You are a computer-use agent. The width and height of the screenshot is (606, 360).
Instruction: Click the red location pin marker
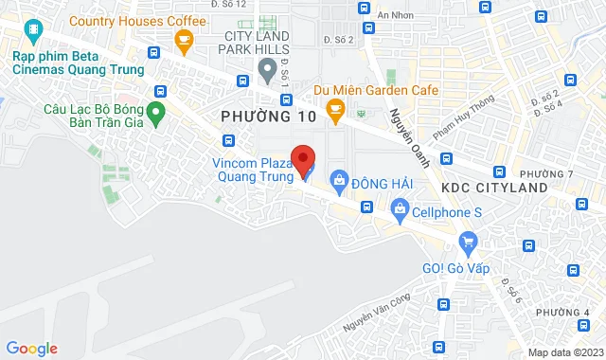tap(302, 159)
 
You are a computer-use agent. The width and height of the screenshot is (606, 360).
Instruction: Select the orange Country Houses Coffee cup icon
tap(185, 39)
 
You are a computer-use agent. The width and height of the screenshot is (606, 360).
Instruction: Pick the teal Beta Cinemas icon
tap(33, 34)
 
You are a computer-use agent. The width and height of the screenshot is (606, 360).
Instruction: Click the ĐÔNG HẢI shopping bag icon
tap(338, 180)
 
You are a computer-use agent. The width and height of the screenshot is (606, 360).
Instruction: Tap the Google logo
tap(31, 349)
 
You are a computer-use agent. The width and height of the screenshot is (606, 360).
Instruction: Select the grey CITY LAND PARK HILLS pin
tap(265, 69)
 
